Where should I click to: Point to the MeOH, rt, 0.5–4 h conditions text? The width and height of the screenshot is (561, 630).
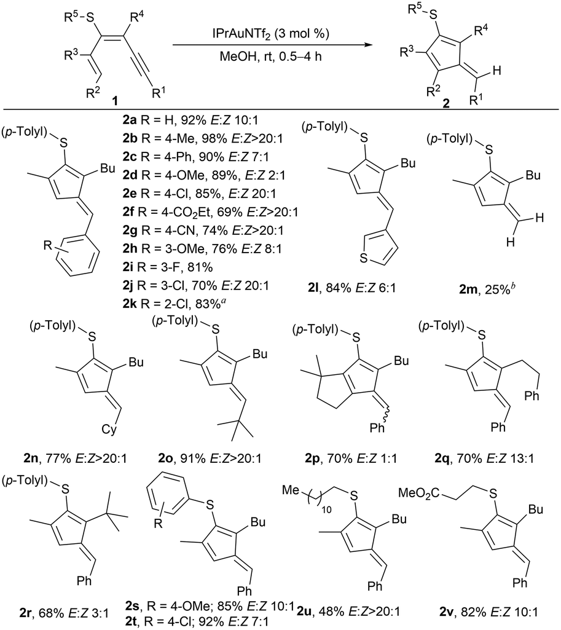pyautogui.click(x=270, y=57)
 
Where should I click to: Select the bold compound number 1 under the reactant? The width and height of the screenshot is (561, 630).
pyautogui.click(x=116, y=100)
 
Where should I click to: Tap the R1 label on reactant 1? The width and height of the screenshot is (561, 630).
pyautogui.click(x=159, y=93)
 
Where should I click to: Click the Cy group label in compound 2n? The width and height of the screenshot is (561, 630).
pyautogui.click(x=108, y=430)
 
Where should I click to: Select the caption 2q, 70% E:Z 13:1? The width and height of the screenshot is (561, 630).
pyautogui.click(x=484, y=458)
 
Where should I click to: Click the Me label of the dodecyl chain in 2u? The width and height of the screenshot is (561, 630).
pyautogui.click(x=291, y=490)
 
